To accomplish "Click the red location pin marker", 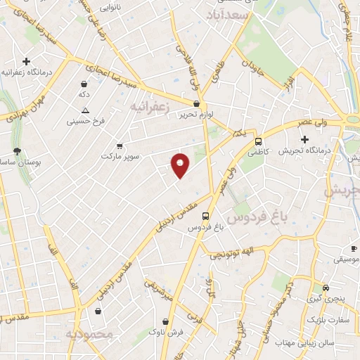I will pos(181,165).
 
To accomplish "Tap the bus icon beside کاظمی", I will pos(258,141).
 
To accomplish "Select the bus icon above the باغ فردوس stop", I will pos(205,217).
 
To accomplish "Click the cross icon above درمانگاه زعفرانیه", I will pos(27,62).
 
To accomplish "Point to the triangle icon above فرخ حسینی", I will pos(85,111).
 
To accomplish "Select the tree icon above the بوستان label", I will pos(17,152).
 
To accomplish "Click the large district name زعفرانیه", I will pos(150,105).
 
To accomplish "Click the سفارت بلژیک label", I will pos(328,321).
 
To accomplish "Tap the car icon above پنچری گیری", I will pos(326,288).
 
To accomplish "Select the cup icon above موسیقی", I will pos(353,249).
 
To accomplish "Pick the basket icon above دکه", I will pos(84,84).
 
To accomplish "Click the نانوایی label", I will pos(108,9).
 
